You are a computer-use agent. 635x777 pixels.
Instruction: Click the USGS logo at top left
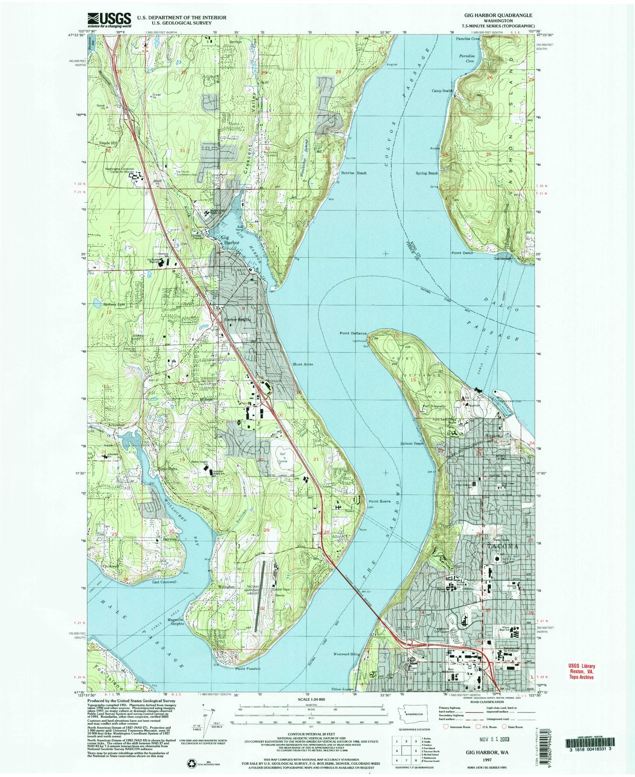109,19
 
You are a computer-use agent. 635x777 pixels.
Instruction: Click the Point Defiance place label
353,333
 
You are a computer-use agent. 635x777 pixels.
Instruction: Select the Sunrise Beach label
354,173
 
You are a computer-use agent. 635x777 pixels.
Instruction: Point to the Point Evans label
380,501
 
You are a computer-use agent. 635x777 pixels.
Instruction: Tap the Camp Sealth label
442,91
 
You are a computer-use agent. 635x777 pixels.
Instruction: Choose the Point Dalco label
462,253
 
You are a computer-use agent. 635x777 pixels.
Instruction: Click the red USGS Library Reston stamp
580,672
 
